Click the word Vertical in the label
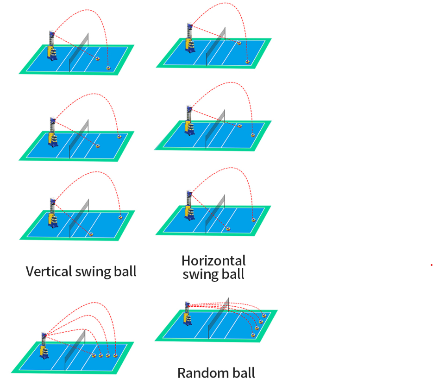[x=48, y=271]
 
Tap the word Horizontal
[x=213, y=261]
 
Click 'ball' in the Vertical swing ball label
[x=125, y=271]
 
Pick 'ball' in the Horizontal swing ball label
[x=233, y=274]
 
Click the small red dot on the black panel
[x=432, y=265]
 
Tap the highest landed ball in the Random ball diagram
[x=264, y=315]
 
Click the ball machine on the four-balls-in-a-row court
[x=44, y=347]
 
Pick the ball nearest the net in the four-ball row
[x=94, y=355]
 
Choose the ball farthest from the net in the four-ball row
[x=116, y=355]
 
